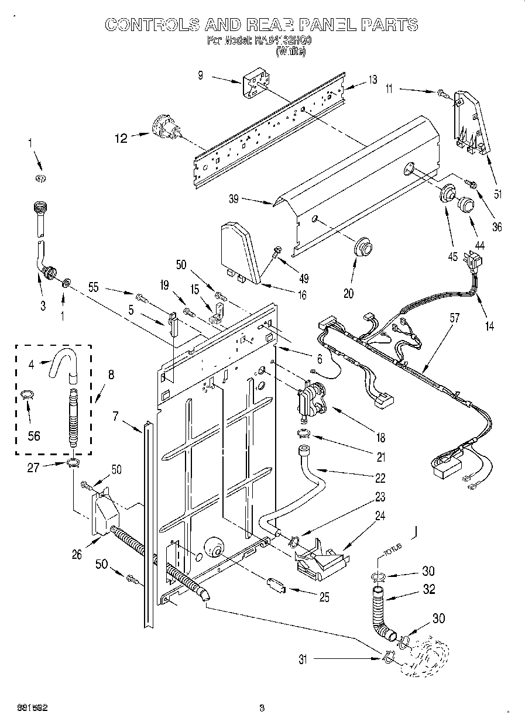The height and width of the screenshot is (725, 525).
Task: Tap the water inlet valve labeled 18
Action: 314,400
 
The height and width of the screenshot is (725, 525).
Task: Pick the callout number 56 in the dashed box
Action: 34,435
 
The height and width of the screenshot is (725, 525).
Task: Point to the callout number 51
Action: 497,194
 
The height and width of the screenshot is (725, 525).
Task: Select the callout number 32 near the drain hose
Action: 429,590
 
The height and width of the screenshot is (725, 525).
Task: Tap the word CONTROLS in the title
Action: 149,25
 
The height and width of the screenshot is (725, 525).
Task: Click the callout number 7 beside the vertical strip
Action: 116,416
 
